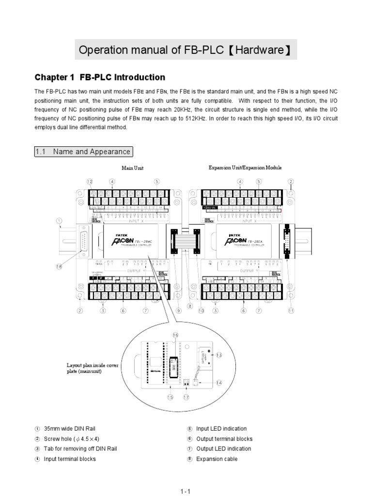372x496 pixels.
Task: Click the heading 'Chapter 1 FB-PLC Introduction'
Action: [100, 77]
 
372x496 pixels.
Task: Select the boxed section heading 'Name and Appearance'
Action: [83, 152]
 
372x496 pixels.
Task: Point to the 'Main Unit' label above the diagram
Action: [132, 168]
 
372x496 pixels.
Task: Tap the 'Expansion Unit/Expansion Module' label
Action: [245, 168]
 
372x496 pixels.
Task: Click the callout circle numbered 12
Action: [90, 182]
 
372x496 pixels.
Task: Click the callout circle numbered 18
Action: [60, 266]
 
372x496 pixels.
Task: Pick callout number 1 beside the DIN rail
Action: [60, 222]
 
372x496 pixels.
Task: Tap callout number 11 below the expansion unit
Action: [291, 311]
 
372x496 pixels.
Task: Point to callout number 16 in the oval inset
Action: [175, 335]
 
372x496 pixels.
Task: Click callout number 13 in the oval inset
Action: [219, 355]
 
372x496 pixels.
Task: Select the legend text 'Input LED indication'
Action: [221, 429]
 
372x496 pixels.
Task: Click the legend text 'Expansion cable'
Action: [217, 459]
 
